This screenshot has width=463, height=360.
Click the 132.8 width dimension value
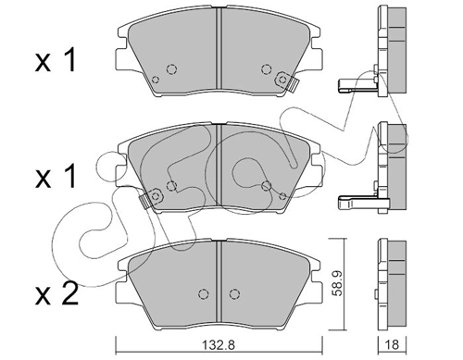pos(219,344)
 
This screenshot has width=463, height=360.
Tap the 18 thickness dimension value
pos(393,344)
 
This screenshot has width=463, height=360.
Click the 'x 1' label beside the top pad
pos(56,61)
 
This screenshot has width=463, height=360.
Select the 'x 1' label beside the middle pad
pos(56,177)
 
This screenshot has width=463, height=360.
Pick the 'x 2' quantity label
pos(56,294)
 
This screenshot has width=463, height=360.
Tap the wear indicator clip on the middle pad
pos(151,198)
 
